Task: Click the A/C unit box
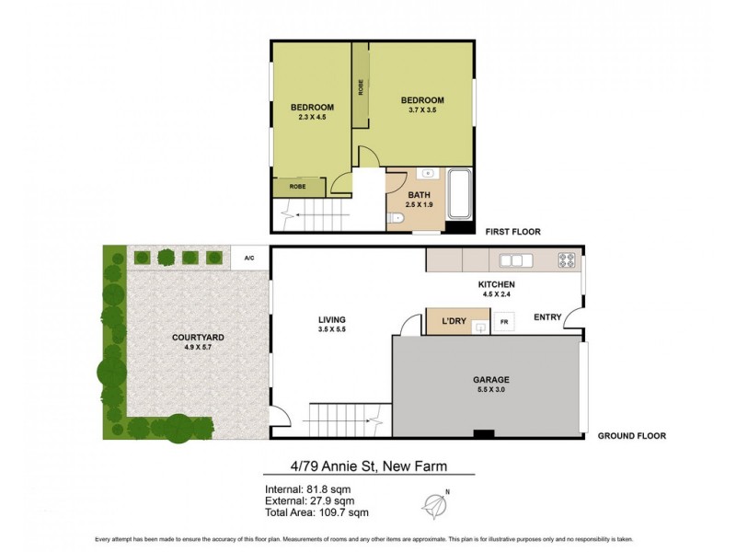coord(249,259)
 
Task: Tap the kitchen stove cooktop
coord(568,259)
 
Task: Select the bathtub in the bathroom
coord(458,193)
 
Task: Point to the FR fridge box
coord(503,322)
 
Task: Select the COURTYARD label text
coord(198,338)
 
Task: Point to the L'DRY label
coord(454,321)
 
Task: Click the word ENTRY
coord(546,317)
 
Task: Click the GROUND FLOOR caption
coord(631,436)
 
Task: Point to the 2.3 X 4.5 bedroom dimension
coord(312,118)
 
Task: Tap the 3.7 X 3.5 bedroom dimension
coord(422,110)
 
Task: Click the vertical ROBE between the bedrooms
coord(361,87)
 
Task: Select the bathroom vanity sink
coord(427,174)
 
